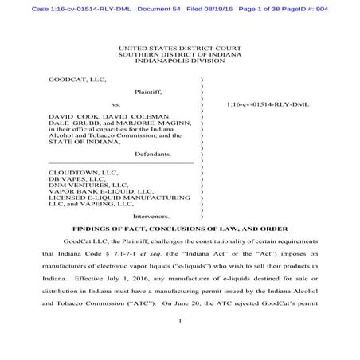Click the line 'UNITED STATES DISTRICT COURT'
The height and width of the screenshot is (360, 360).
(x=179, y=49)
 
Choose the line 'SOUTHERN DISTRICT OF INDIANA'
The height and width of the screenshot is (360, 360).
(x=179, y=55)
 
